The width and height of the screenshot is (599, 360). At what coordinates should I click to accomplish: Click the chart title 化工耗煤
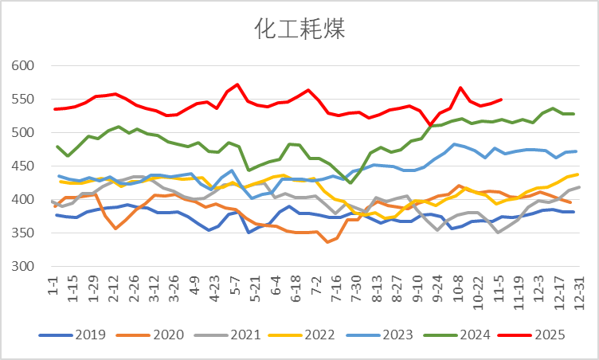[299, 29]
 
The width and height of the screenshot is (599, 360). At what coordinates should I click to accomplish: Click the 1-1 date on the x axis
[53, 284]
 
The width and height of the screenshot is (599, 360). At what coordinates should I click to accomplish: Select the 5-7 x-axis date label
[236, 284]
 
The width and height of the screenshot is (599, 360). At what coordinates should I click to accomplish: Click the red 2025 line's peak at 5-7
[237, 84]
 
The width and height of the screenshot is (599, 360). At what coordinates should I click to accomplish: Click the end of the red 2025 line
[501, 100]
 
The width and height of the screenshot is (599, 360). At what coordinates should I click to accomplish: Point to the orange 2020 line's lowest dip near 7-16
[328, 242]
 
